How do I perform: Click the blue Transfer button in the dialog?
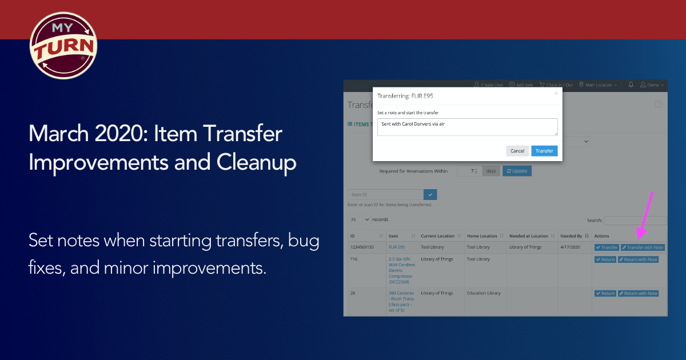point(544,151)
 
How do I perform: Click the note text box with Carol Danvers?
point(467,127)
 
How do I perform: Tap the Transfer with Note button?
point(643,247)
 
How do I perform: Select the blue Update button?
point(517,171)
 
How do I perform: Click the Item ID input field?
point(384,195)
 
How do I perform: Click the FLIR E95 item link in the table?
point(396,247)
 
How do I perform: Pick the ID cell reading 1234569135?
point(362,247)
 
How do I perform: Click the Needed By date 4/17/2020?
point(571,247)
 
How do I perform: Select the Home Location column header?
point(482,236)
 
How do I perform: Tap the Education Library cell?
point(483,293)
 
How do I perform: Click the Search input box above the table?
point(635,220)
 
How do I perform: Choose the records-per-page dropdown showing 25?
point(359,219)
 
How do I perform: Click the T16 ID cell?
point(354,259)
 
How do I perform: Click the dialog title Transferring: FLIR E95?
point(405,95)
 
